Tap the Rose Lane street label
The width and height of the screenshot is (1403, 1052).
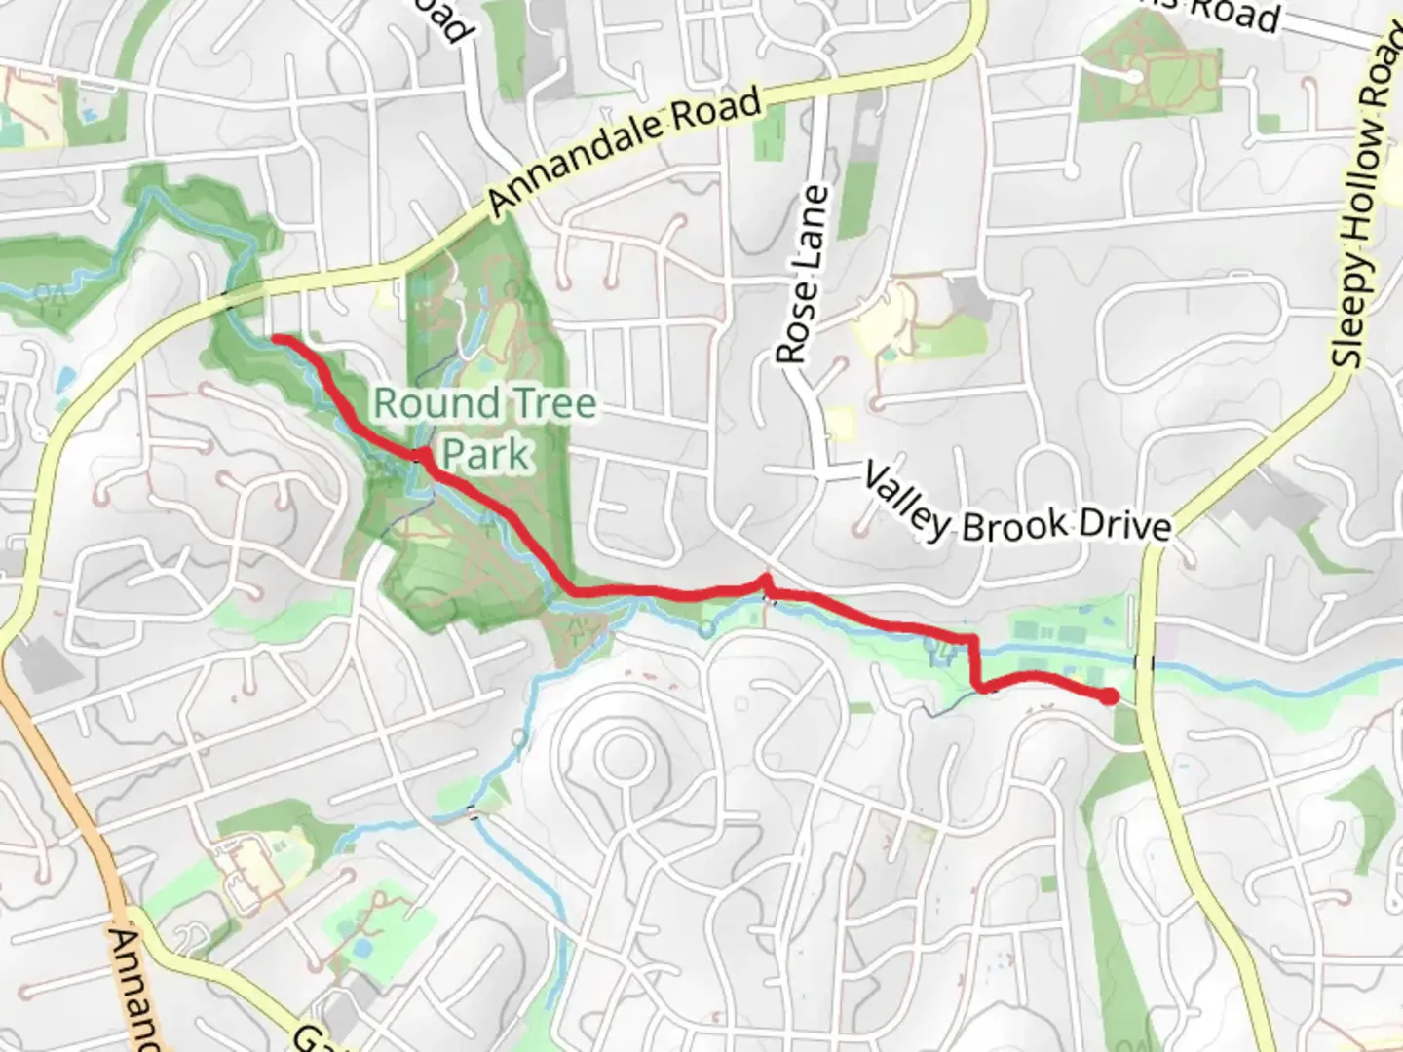[805, 276]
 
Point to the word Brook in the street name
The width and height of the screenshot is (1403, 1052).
[1014, 525]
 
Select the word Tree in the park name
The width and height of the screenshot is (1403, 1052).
[545, 403]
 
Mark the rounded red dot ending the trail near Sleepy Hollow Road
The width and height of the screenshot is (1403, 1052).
[1109, 695]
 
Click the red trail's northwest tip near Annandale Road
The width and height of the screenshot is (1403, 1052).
[276, 338]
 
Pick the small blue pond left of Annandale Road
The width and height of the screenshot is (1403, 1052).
[64, 379]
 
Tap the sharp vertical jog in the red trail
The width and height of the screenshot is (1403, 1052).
[973, 662]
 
